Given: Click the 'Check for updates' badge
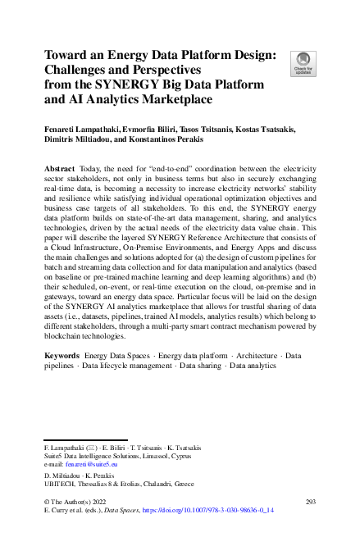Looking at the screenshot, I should (303, 62).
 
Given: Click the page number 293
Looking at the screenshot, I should (310, 499).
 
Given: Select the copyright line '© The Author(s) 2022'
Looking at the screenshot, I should (80, 499).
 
